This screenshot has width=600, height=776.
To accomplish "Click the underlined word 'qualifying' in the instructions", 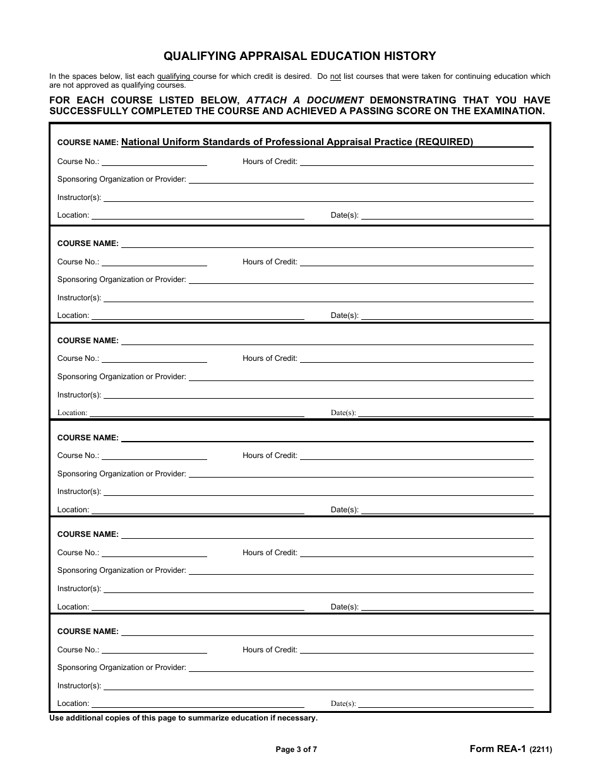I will click(x=174, y=76).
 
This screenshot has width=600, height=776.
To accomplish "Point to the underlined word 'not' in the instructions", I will click(x=335, y=76).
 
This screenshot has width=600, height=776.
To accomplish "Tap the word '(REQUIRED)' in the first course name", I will click(x=443, y=142).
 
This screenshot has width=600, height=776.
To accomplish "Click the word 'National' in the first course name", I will click(x=140, y=142).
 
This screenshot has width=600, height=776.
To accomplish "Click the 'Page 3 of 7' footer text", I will click(x=296, y=750).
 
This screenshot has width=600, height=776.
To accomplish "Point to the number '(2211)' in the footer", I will click(x=541, y=750).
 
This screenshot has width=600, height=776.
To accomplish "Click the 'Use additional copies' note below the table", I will click(x=183, y=718).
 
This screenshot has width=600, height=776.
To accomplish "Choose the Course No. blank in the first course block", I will click(x=154, y=162).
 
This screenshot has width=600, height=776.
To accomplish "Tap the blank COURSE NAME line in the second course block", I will click(x=327, y=244).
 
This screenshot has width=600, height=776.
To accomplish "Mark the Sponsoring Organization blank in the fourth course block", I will click(x=361, y=474).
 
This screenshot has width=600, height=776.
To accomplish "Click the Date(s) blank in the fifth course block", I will click(x=447, y=608).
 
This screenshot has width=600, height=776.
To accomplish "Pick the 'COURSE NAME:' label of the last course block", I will click(x=88, y=632).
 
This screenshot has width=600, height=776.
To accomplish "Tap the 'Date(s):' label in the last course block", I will click(x=343, y=704).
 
